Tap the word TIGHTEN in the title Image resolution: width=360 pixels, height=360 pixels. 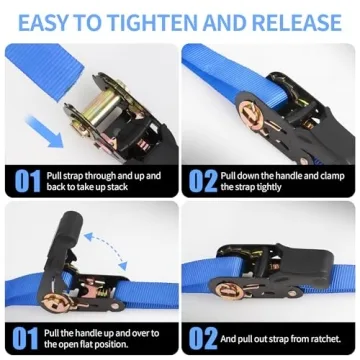pyautogui.click(x=150, y=19)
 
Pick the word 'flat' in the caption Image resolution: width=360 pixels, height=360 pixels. pyautogui.click(x=88, y=343)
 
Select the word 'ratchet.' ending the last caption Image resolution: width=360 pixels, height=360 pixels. pyautogui.click(x=319, y=337)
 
